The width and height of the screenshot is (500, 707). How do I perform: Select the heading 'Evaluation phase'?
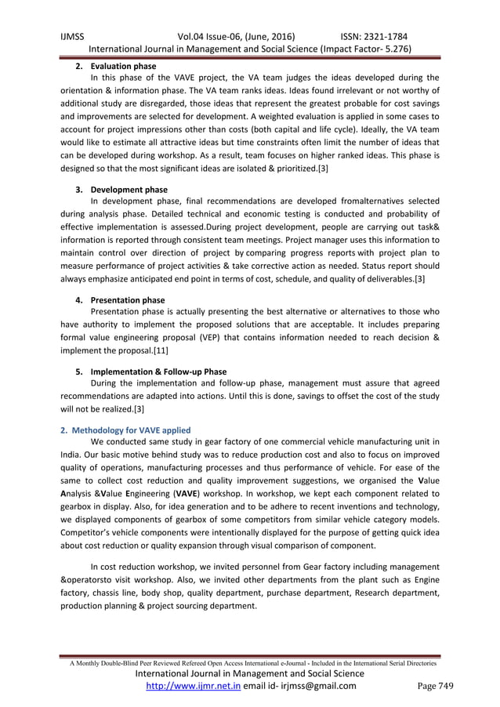click(123, 66)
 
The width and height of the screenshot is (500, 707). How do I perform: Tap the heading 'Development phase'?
click(129, 190)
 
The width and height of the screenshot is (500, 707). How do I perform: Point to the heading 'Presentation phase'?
click(128, 299)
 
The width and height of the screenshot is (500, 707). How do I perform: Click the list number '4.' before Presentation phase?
click(80, 299)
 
